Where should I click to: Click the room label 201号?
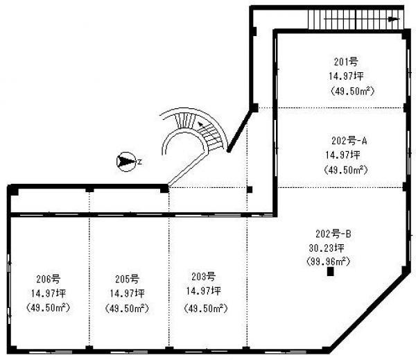346,62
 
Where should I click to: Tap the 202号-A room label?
349,141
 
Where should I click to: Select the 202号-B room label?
333,234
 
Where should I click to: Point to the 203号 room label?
203,277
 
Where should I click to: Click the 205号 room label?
127,279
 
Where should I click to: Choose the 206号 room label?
49,279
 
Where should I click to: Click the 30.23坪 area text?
327,248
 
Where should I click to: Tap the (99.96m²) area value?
328,262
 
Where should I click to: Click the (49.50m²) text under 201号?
352,91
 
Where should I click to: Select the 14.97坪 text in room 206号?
49,293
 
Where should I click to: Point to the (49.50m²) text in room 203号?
206,309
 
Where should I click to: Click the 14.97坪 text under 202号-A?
343,155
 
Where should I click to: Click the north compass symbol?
126,162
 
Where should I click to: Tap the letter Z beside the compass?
139,162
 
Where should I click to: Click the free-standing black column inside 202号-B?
330,272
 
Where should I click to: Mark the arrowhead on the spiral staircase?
201,124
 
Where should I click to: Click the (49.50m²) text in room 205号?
127,309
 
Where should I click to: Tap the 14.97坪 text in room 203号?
203,291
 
